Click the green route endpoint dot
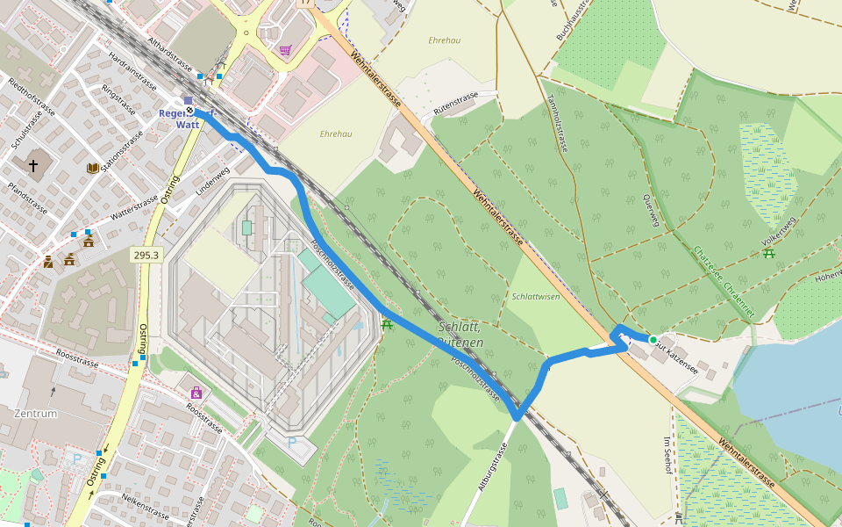point(653,339)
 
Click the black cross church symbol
point(33,165)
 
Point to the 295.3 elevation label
point(146,255)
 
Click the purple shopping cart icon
point(285,50)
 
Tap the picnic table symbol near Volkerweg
point(769,253)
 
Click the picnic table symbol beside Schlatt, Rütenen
point(387,325)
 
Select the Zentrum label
point(35,413)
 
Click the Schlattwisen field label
point(536,297)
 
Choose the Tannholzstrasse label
point(558,123)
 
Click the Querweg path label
point(650,211)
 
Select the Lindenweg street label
point(212,180)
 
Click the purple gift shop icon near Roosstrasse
point(196,393)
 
